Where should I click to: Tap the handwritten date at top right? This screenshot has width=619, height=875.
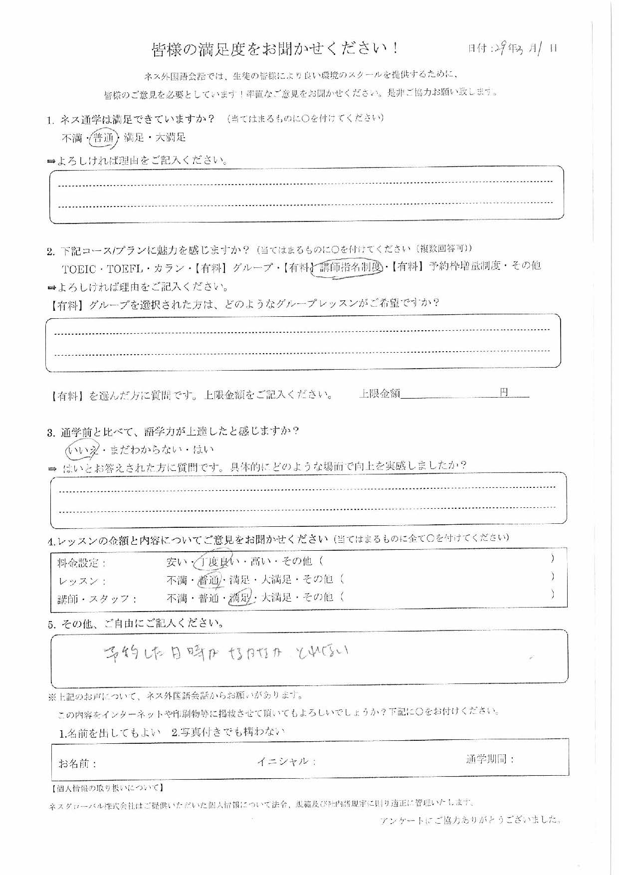pyautogui.click(x=524, y=48)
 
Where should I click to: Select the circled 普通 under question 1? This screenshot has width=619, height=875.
pyautogui.click(x=104, y=138)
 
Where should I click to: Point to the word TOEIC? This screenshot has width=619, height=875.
pyautogui.click(x=79, y=269)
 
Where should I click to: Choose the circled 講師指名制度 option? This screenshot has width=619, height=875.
pyautogui.click(x=350, y=267)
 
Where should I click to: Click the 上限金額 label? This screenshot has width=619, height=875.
pyautogui.click(x=380, y=394)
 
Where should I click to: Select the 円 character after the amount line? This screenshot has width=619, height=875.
pyautogui.click(x=504, y=393)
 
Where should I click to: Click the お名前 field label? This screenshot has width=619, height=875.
pyautogui.click(x=77, y=764)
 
